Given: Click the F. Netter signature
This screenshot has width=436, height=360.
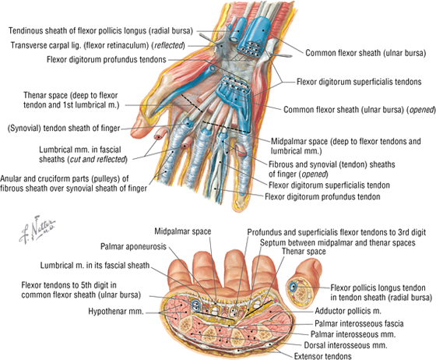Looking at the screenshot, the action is [37, 230].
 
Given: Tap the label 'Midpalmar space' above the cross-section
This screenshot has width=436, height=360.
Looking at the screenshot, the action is [183, 231].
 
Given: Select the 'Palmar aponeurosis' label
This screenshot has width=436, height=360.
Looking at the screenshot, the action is [133, 246].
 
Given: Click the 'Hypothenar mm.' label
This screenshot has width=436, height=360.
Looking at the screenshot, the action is [116, 311].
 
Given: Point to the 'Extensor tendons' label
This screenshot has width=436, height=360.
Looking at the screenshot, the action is [323, 356].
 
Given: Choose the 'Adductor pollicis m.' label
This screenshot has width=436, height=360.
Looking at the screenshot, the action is [348, 311].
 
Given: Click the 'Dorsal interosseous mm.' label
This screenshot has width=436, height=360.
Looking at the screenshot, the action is [346, 345].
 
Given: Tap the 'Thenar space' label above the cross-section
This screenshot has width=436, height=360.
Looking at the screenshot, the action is [304, 252].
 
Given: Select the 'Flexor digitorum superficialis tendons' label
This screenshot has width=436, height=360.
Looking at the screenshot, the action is [359, 82].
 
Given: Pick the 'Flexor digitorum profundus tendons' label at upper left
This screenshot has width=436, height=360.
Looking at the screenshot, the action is [106, 59].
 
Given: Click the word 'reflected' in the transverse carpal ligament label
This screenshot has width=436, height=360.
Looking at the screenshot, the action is [169, 45].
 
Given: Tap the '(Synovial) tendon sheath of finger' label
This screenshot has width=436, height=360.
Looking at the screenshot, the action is [64, 129].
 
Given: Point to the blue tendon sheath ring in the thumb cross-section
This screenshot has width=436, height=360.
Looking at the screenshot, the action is [292, 287].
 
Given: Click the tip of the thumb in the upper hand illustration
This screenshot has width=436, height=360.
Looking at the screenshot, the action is [134, 133].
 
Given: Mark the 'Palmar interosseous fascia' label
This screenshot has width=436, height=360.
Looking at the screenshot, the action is [359, 323].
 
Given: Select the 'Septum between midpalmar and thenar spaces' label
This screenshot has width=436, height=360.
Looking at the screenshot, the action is [338, 242].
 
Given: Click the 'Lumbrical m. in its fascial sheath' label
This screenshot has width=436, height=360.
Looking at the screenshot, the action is [95, 266].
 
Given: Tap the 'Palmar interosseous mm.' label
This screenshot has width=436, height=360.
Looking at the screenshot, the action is [353, 334].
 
